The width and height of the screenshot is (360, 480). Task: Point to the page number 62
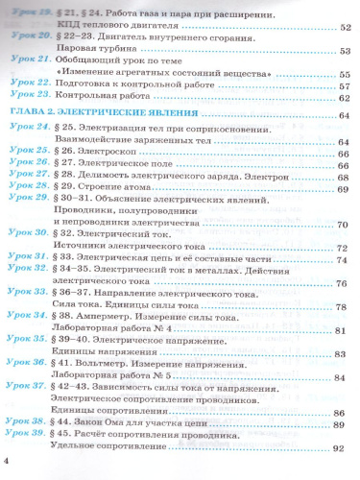[343, 98]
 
